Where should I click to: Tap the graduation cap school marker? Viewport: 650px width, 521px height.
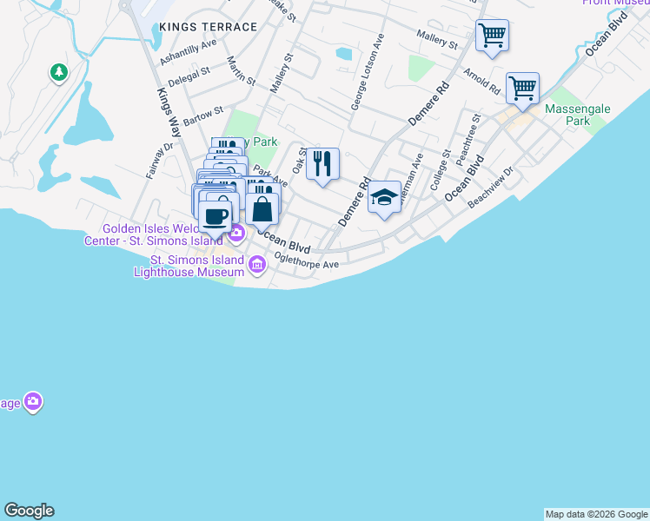[x=384, y=198]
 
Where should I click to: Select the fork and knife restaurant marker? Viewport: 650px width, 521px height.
[x=322, y=163]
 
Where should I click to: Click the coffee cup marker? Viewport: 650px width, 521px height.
[x=215, y=216]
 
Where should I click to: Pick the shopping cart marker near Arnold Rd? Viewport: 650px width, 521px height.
[x=522, y=89]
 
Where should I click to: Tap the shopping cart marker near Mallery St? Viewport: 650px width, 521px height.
[x=493, y=36]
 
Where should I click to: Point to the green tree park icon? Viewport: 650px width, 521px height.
[x=59, y=73]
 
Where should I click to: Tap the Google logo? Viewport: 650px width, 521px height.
[x=29, y=511]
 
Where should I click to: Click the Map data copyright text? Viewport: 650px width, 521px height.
[x=596, y=514]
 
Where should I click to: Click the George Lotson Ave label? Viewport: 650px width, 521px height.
[x=367, y=72]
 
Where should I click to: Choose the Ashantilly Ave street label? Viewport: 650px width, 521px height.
[x=189, y=52]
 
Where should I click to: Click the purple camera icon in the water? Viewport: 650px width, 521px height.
[x=33, y=401]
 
